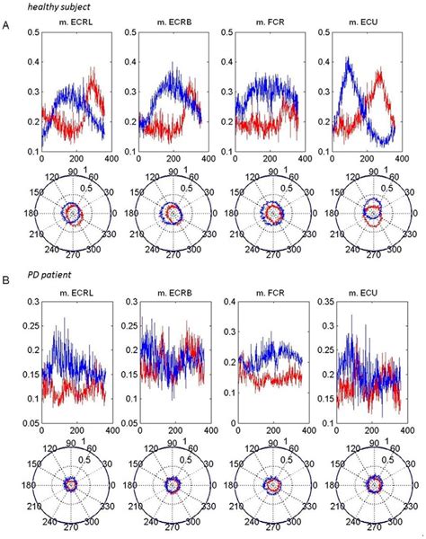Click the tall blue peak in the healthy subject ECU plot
[349, 60]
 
